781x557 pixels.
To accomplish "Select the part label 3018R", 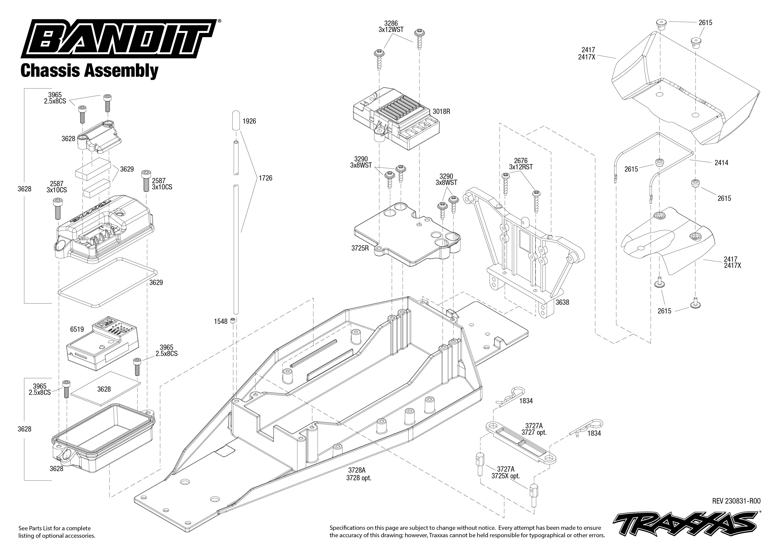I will (x=441, y=111).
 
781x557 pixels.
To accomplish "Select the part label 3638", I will (x=562, y=302).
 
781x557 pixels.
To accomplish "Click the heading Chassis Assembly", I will (x=89, y=71).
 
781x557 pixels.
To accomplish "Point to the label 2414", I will (x=721, y=163).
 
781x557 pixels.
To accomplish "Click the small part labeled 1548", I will (x=233, y=320).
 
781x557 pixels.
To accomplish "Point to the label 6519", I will (x=77, y=329).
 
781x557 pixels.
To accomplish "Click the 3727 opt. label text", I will (x=534, y=432).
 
